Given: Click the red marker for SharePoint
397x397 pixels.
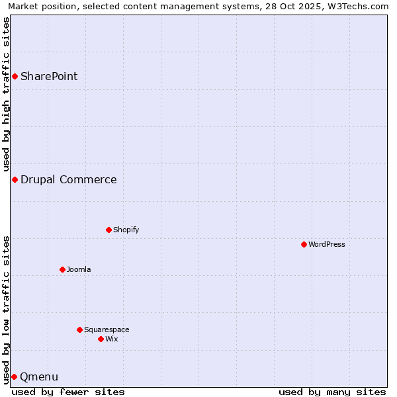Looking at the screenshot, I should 15,76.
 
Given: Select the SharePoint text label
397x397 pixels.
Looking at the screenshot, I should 49,76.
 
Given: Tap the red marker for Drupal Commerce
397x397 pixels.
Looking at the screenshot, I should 15,179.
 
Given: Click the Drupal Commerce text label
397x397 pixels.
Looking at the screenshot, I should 68,179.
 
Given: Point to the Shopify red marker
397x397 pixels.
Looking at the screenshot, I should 109,230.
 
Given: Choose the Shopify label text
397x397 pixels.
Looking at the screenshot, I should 126,230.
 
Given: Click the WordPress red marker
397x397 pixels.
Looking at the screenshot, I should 304,244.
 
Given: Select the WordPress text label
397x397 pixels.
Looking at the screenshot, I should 326,244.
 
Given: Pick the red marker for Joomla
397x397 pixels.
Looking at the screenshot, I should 62,269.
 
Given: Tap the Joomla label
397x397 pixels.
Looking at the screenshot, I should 79,269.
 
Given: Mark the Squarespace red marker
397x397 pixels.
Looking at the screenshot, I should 79,330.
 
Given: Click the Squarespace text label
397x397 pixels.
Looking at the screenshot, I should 107,330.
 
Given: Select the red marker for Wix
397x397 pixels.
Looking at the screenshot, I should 101,339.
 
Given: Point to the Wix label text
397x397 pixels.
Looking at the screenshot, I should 111,339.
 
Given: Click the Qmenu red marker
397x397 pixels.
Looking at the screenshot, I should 14,376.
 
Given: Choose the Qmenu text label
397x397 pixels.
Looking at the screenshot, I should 39,377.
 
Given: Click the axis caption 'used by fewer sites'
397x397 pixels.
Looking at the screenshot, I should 68,392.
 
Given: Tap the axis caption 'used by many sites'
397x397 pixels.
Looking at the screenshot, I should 332,392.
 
